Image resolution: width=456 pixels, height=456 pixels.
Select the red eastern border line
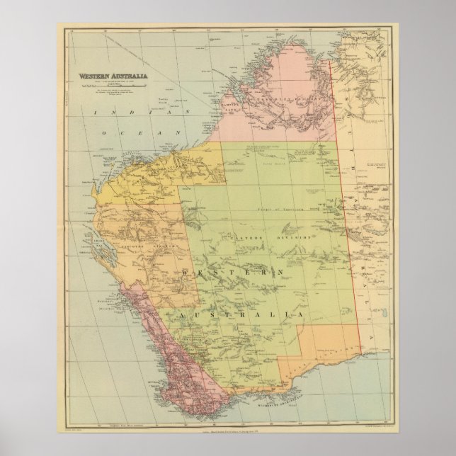point(347,212)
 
